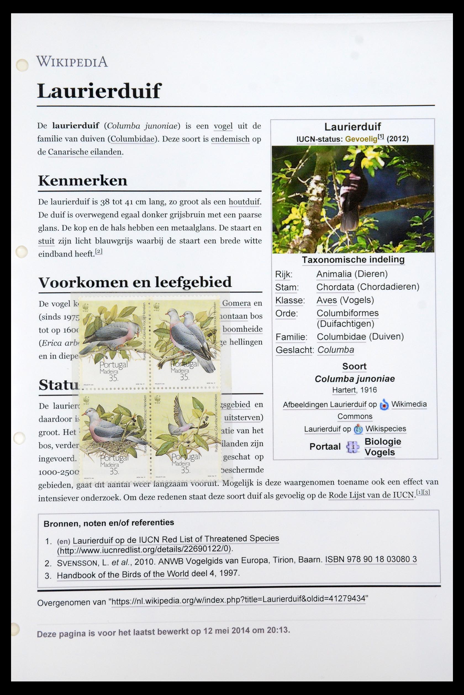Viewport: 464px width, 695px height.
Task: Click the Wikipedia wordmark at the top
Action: pos(72,62)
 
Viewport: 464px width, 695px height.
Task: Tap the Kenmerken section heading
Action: pos(83,180)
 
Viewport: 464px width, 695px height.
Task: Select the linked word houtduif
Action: pos(244,202)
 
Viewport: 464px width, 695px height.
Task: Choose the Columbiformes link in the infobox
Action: pos(347,313)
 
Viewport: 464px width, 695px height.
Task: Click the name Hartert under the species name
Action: pos(343,390)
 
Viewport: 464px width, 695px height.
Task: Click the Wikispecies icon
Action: pos(358,429)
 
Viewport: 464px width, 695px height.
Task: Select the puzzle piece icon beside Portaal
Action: pos(352,447)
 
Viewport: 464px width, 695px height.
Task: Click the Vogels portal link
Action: pos(379,453)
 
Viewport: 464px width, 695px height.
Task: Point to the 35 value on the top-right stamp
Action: pos(184,377)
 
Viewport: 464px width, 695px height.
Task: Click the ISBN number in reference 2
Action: pos(371,559)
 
